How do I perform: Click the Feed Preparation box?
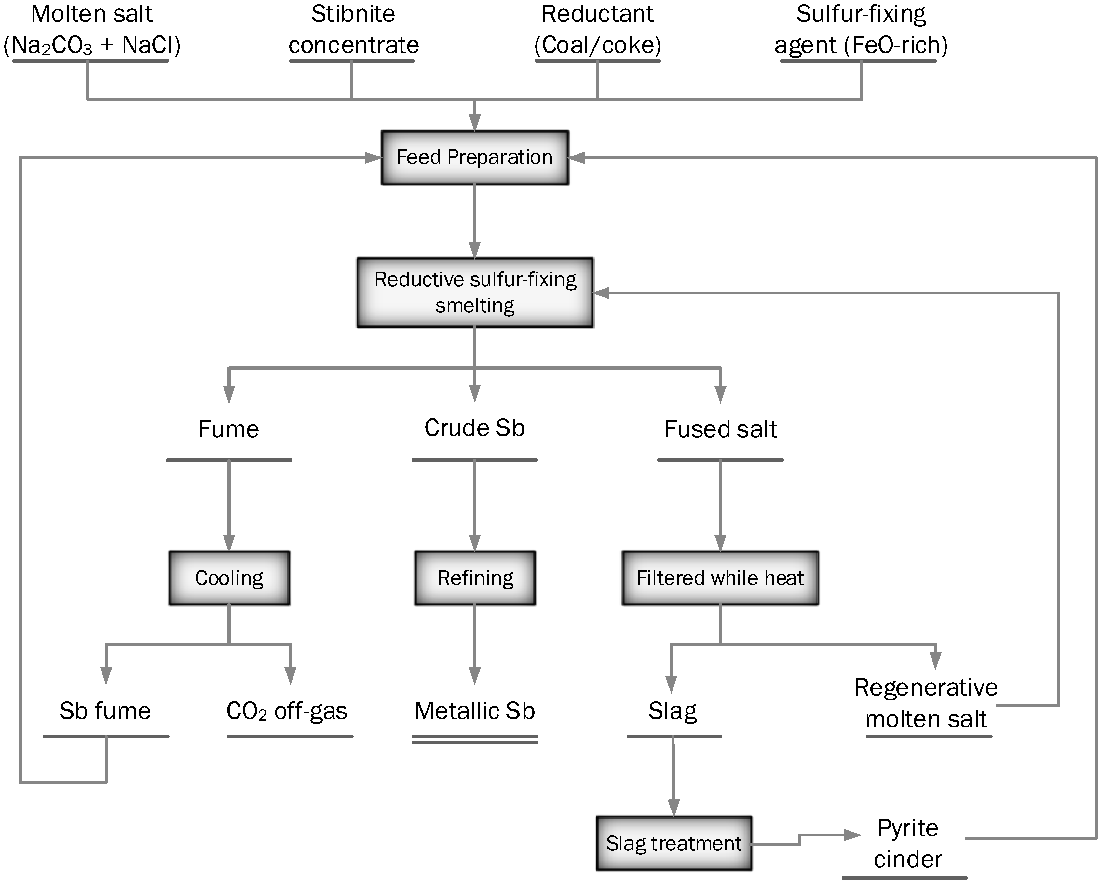point(475,157)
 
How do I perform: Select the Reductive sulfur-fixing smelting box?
point(475,292)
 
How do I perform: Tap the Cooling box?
point(229,578)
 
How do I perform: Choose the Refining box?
point(475,578)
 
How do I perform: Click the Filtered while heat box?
point(720,578)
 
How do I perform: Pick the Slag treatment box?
point(674,843)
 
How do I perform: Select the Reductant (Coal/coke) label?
point(597,30)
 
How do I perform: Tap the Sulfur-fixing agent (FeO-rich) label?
point(861,30)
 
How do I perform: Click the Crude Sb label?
point(474,428)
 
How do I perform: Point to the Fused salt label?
point(720,429)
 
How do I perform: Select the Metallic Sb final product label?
point(474,711)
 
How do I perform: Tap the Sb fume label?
point(105,711)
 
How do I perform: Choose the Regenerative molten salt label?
point(926,703)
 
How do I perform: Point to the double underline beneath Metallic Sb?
point(474,740)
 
